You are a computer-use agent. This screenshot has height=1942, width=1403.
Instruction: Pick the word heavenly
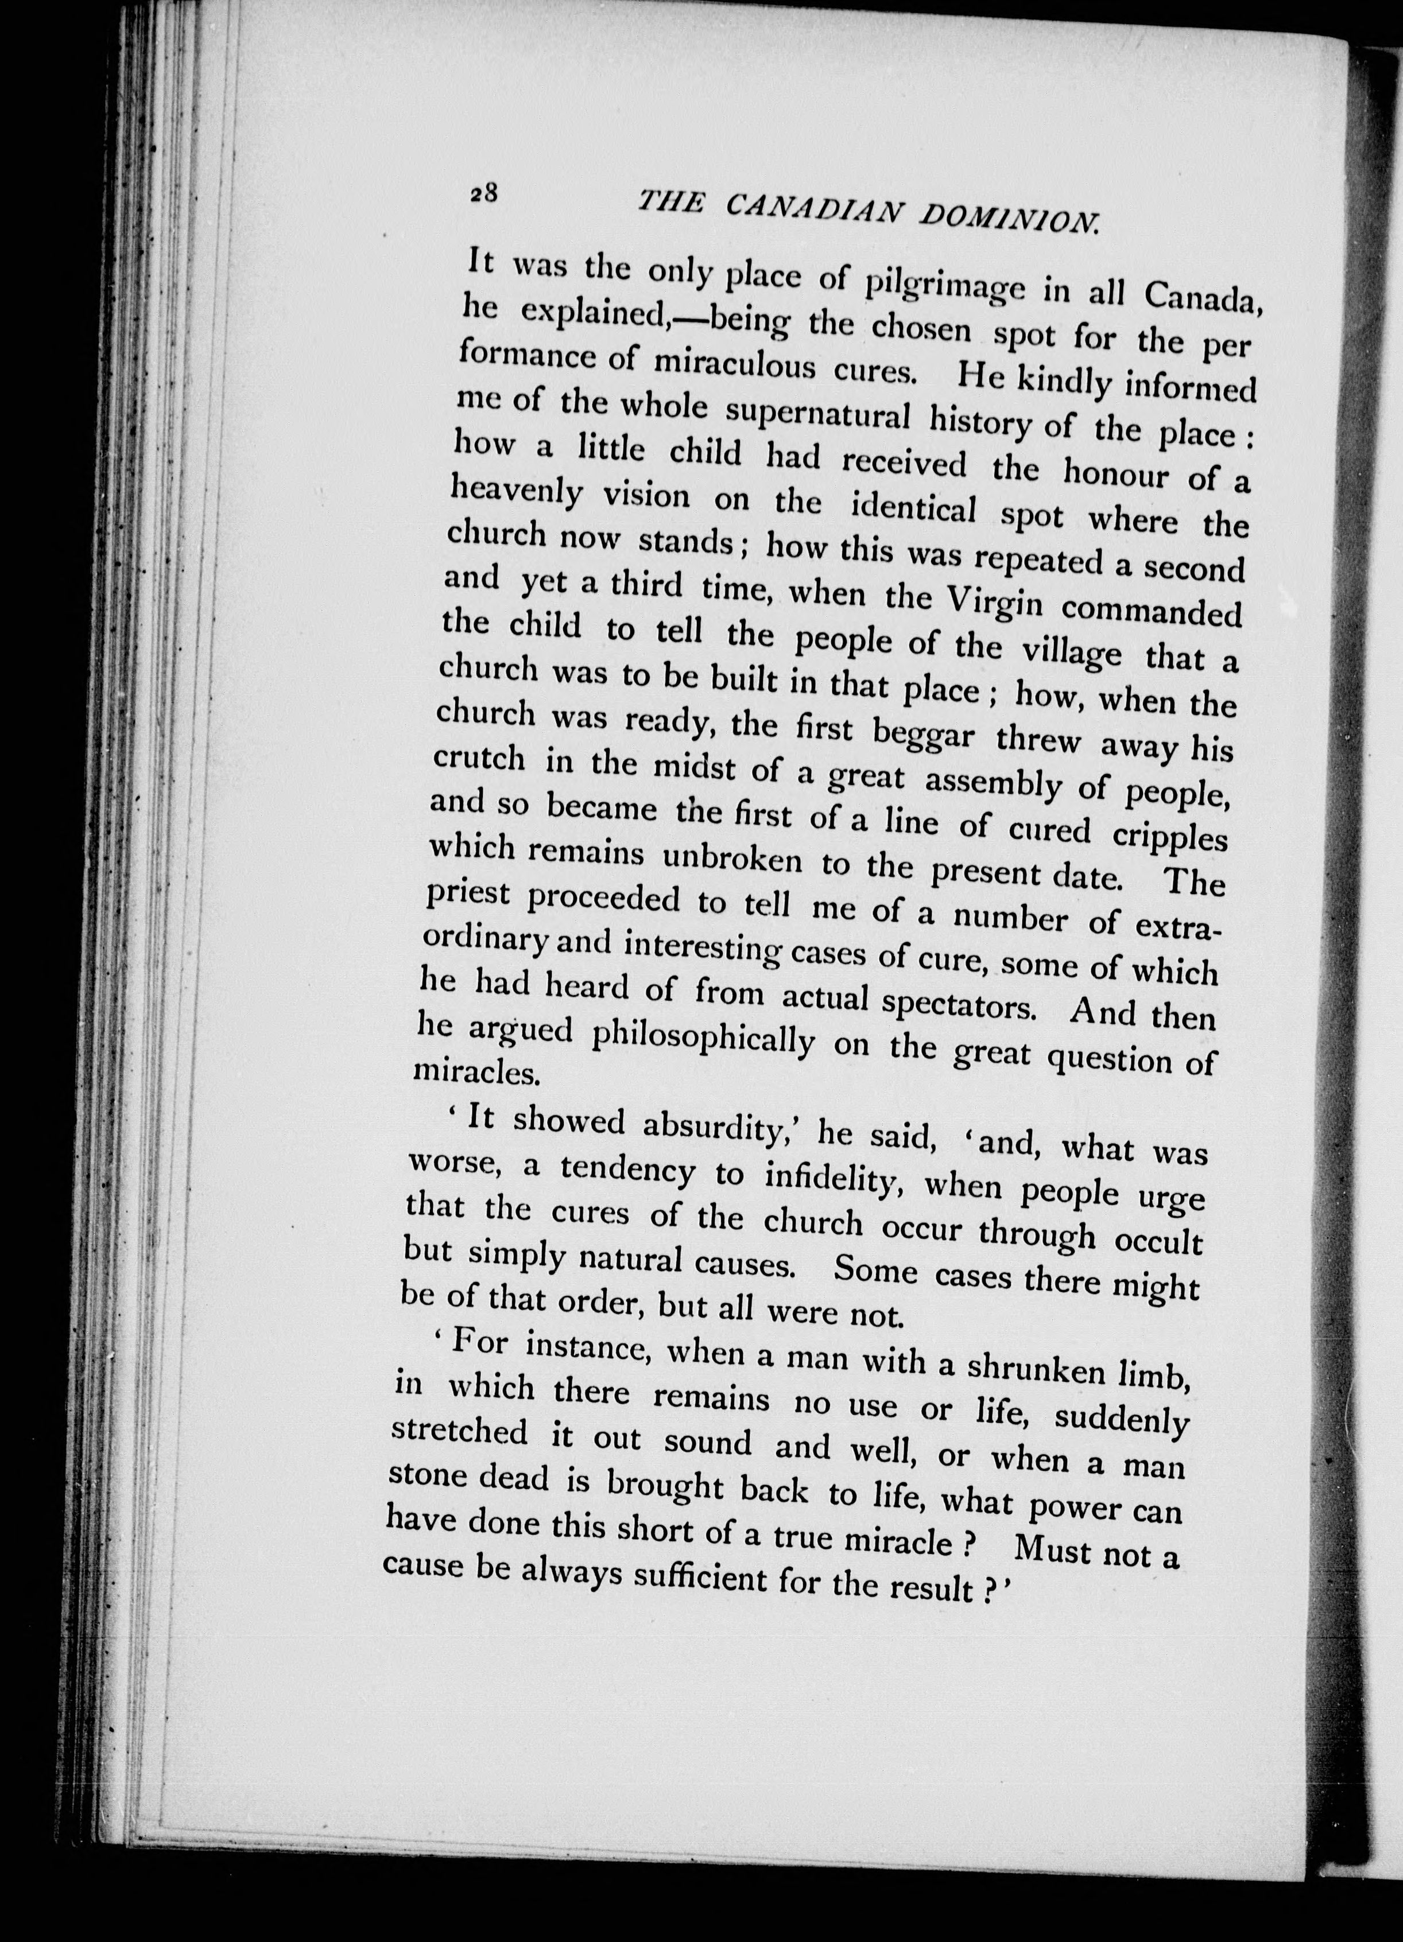pyautogui.click(x=515, y=495)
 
